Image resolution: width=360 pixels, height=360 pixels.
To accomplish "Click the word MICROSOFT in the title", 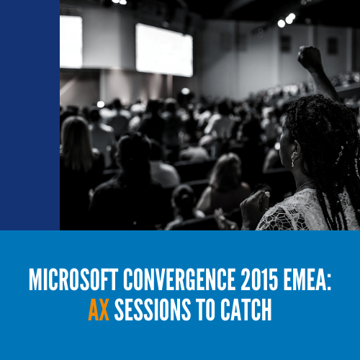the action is [x=73, y=279].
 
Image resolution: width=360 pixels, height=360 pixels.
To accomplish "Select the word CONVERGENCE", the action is [x=179, y=279].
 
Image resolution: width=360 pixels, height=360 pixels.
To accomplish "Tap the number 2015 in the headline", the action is [x=259, y=279].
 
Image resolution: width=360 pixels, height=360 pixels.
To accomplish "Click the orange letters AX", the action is [x=99, y=310].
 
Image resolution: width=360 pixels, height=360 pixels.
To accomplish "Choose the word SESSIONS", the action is [x=153, y=310].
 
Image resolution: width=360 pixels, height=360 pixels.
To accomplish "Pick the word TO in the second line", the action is [x=205, y=310].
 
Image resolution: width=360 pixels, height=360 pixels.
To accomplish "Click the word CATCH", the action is [x=246, y=310].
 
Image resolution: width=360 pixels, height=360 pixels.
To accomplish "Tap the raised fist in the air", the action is [x=310, y=57].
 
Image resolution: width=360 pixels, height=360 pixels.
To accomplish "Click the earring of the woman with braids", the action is [x=293, y=161].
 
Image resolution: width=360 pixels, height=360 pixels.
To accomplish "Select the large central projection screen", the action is [x=164, y=50].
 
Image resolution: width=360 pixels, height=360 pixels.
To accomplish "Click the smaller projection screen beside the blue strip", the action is [x=71, y=42].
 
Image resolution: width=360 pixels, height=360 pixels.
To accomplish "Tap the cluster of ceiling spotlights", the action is [x=287, y=20].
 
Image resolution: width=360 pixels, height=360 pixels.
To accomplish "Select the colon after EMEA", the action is [x=328, y=283].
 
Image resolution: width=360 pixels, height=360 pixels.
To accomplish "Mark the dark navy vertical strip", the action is [x=30, y=115].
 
